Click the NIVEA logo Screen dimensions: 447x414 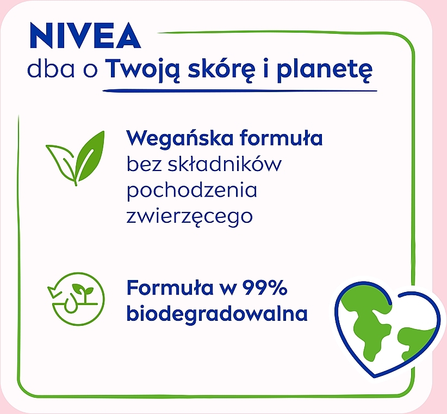coord(85,35)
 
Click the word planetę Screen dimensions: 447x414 coord(325,70)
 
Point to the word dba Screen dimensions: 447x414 coord(51,69)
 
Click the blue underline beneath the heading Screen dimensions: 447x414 coord(240,91)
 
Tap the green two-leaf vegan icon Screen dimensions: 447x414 coord(75,158)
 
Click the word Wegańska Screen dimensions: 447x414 coord(179,138)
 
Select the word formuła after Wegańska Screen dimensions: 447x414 coord(281,137)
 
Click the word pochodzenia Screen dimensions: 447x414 coord(192,191)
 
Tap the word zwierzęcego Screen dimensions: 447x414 coord(190,217)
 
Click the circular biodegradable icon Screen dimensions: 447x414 coord(76,299)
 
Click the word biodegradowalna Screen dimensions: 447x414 coord(217,313)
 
